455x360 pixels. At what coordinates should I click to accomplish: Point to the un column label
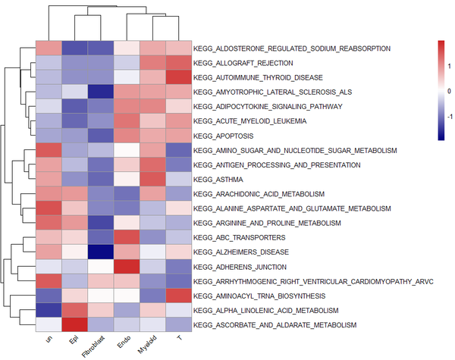[49, 340]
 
